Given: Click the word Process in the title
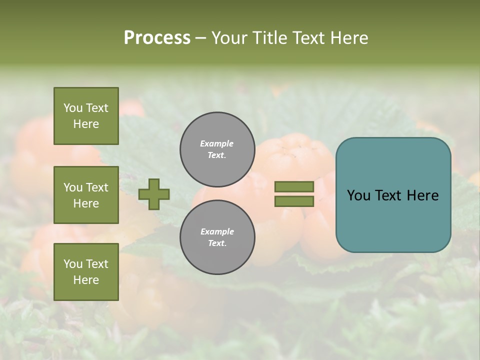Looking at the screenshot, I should click(x=157, y=38).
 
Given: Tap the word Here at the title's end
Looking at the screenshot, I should click(x=349, y=38).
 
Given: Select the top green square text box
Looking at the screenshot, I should click(x=86, y=116).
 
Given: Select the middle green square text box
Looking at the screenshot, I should click(x=86, y=195).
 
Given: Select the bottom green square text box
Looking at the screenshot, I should click(x=86, y=272).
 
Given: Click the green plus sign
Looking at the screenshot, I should click(x=154, y=194).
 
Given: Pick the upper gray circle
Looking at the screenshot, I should click(x=217, y=149).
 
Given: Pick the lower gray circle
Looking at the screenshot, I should click(x=217, y=237).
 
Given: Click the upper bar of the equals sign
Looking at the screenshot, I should click(x=294, y=186).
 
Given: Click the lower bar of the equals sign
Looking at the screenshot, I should click(x=294, y=201).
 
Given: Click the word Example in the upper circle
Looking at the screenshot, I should click(x=217, y=143).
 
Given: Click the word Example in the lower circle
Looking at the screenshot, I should click(x=217, y=231).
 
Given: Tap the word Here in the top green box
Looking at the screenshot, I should click(x=86, y=124).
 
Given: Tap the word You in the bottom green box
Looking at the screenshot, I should click(x=73, y=264).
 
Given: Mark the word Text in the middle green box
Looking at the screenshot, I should click(x=97, y=187).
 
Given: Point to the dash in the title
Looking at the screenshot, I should click(x=201, y=38).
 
